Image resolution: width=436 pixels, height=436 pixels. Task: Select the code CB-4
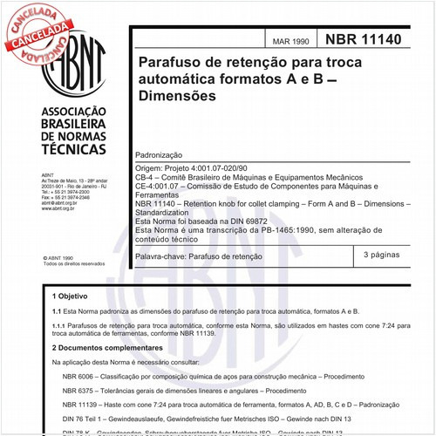(146, 174)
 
